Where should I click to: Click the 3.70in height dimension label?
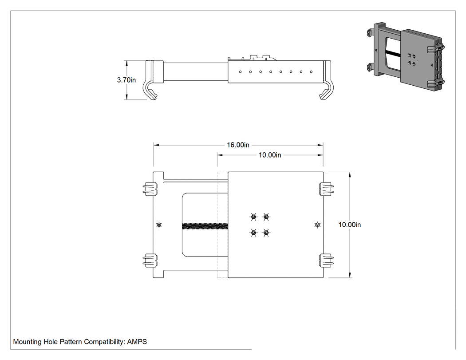pos(126,80)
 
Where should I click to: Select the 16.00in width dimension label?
pos(238,145)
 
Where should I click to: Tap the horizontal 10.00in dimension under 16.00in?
pos(270,155)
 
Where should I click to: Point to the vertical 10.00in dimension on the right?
pos(350,225)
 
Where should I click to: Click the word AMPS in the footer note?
pos(137,341)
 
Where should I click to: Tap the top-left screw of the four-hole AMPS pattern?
pos(253,218)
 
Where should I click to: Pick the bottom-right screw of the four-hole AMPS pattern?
pos(266,233)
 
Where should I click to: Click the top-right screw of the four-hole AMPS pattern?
pos(266,218)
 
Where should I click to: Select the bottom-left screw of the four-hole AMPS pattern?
pos(253,233)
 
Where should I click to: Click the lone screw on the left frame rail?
pos(159,225)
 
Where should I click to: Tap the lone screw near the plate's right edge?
pos(317,225)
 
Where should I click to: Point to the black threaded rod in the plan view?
pos(205,226)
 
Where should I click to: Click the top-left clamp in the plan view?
pos(150,189)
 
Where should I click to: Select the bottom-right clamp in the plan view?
pos(326,260)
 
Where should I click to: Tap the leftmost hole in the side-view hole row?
pos(240,71)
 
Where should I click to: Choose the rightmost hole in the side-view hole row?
pos(311,71)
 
